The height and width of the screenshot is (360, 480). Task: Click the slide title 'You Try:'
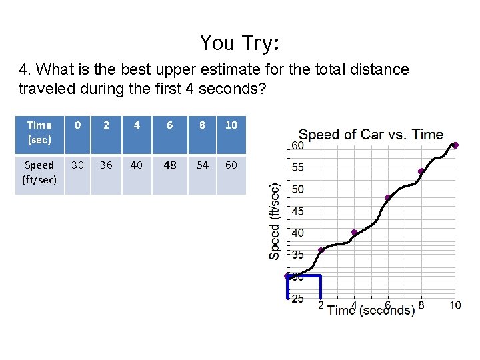tap(239, 43)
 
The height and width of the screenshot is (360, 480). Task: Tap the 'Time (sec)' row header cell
tap(39, 132)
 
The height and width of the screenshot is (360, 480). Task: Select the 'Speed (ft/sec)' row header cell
tap(39, 172)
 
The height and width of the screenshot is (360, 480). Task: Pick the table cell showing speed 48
tap(170, 165)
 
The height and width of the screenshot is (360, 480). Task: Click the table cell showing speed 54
tap(202, 165)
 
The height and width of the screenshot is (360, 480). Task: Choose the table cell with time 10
tap(231, 125)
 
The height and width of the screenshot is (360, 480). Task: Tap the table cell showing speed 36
tap(106, 165)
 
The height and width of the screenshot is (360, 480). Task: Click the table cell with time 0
tap(78, 125)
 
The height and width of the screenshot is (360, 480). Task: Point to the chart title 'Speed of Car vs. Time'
tap(371, 134)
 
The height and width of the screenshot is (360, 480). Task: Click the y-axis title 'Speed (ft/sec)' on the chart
tap(275, 212)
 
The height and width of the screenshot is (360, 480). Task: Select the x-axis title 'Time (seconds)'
tap(371, 310)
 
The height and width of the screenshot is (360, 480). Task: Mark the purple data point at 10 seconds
tap(455, 145)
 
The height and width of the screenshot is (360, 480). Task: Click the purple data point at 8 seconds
tap(421, 171)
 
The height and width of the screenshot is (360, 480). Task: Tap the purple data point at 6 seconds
tap(388, 197)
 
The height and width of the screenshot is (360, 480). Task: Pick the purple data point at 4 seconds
tap(354, 233)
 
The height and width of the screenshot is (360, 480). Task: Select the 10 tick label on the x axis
tap(455, 305)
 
